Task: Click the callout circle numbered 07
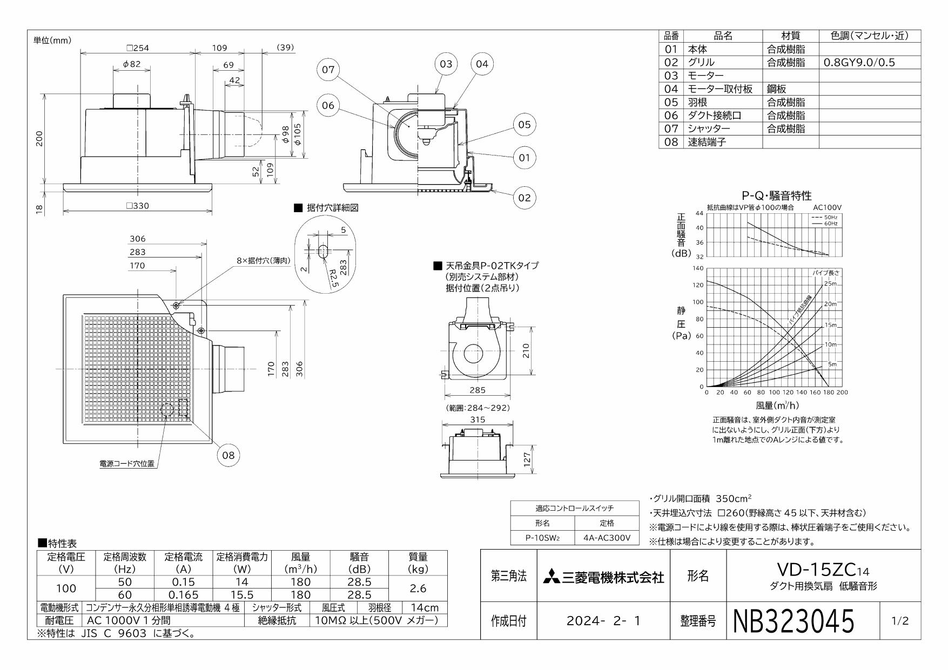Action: pyautogui.click(x=328, y=70)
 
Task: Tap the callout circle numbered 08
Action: pyautogui.click(x=228, y=455)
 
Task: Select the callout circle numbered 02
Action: pyautogui.click(x=525, y=198)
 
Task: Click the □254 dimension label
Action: pyautogui.click(x=137, y=48)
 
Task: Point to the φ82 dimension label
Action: pyautogui.click(x=131, y=64)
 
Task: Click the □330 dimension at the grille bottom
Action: pyautogui.click(x=137, y=206)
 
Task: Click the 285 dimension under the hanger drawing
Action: pyautogui.click(x=477, y=390)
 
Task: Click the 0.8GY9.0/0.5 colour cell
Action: pyautogui.click(x=859, y=63)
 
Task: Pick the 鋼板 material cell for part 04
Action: pyautogui.click(x=777, y=89)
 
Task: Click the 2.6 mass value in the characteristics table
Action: pyautogui.click(x=418, y=588)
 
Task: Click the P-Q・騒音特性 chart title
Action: pyautogui.click(x=777, y=195)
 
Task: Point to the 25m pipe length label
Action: pyautogui.click(x=830, y=284)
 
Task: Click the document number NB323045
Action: pyautogui.click(x=794, y=621)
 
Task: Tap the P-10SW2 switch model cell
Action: pyautogui.click(x=542, y=538)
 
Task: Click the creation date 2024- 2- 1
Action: pyautogui.click(x=603, y=621)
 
